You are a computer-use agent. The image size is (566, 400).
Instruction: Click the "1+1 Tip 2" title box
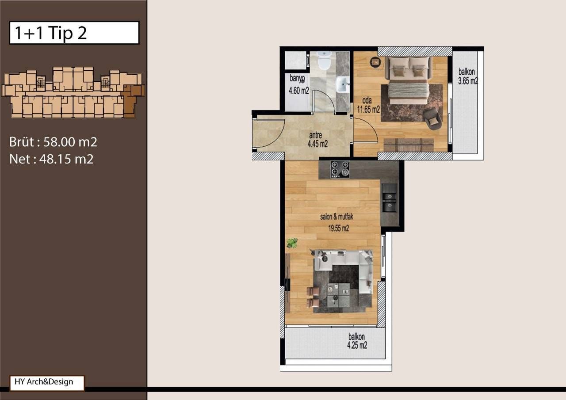pos(74,33)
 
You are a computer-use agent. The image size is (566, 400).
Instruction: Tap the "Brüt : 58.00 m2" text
pos(53,142)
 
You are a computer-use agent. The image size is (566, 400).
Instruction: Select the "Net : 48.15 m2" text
pos(51,159)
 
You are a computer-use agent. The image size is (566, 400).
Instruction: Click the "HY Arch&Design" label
pos(46,382)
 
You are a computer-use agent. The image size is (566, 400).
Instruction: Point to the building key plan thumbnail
pos(73,92)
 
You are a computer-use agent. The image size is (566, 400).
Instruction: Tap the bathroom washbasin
pos(342,84)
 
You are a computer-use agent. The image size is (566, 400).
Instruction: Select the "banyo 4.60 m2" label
pos(298,85)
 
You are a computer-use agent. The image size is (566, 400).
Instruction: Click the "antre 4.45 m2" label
pos(317,140)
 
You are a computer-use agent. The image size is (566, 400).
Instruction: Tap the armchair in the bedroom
pos(432,119)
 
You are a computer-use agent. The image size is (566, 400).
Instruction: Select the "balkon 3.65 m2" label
pos(467,76)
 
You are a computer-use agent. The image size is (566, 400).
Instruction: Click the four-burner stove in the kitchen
pos(340,169)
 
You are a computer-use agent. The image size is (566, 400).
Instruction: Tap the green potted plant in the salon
pos(292,242)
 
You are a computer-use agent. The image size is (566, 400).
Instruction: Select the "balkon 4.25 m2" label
pos(357,341)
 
